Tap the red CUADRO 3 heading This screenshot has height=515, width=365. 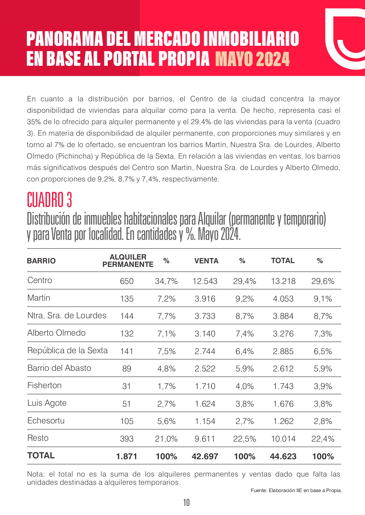(x=49, y=200)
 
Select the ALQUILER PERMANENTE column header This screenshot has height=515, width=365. (x=128, y=261)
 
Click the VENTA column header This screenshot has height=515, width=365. (x=206, y=261)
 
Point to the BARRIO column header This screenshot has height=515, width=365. (x=41, y=261)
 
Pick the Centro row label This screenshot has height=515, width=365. (x=40, y=280)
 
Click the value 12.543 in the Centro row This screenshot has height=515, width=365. (x=205, y=281)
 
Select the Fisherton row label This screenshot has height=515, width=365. (x=44, y=386)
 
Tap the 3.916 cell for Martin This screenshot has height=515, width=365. (x=205, y=299)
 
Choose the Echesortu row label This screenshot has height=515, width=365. (x=46, y=421)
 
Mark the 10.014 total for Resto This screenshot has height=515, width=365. (x=283, y=439)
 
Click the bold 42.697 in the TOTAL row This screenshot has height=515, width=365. (x=205, y=457)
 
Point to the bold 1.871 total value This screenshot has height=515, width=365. (x=127, y=457)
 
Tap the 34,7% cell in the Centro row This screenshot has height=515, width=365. (x=166, y=281)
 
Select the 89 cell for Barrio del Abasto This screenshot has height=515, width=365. (x=127, y=369)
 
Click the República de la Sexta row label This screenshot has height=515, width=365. (x=68, y=351)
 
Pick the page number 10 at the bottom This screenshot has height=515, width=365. (x=186, y=503)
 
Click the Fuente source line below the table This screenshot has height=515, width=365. (x=296, y=490)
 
